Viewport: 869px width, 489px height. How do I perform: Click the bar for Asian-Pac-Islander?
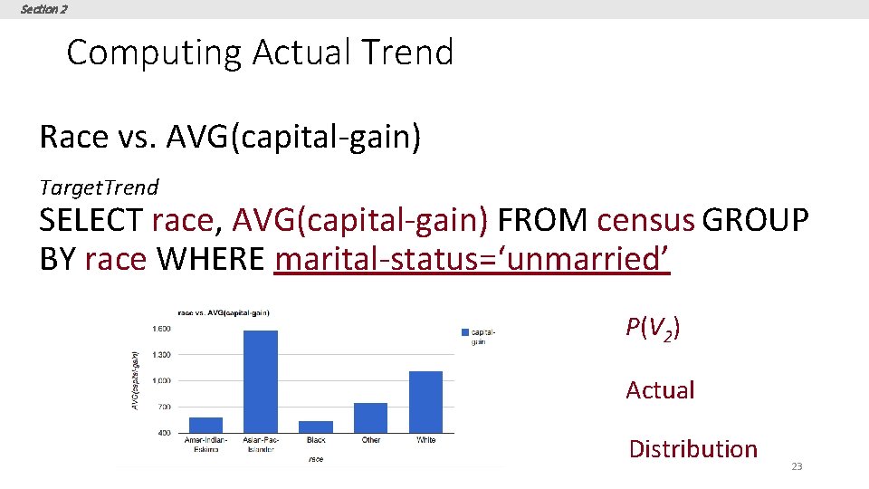pos(261,381)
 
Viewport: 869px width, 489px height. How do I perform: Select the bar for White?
pos(425,402)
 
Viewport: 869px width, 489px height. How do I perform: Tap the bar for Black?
pos(316,427)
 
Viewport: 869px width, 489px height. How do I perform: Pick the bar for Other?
pos(370,417)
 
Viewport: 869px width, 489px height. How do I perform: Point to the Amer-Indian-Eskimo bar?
pos(205,425)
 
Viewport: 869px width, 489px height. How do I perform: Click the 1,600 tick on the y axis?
pos(160,329)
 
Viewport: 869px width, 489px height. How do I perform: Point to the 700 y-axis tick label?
pos(163,407)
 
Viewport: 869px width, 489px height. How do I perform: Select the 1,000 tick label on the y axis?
pos(160,380)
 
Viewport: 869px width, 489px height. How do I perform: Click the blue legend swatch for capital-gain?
pos(464,332)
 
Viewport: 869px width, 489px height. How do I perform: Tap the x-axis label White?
pos(425,440)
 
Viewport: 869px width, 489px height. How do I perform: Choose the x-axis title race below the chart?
pos(315,459)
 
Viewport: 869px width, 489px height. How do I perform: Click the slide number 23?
pos(797,466)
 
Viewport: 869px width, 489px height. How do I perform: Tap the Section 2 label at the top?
pos(43,9)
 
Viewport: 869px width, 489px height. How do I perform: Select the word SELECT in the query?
pos(91,220)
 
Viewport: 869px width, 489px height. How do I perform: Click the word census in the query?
pos(645,220)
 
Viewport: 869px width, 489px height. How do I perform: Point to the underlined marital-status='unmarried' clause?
pos(472,259)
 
